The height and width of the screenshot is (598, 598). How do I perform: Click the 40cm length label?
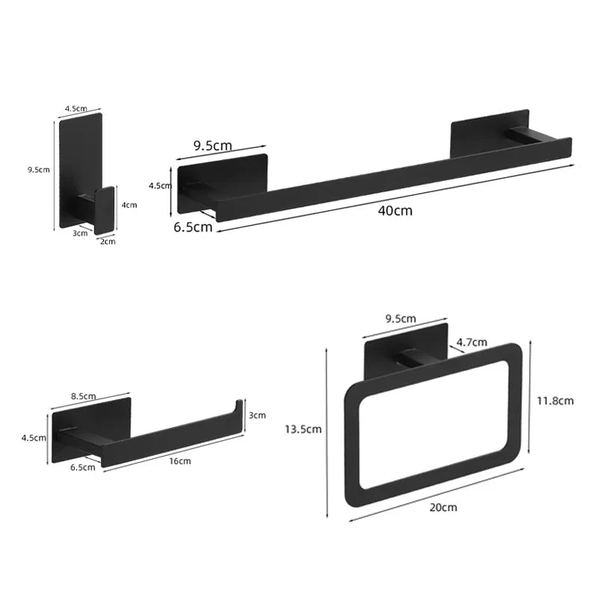[x=395, y=211]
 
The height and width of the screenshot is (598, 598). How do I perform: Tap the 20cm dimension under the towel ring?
[x=443, y=508]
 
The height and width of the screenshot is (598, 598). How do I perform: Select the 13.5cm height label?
[x=303, y=429]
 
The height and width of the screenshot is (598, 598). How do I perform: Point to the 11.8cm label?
[x=555, y=401]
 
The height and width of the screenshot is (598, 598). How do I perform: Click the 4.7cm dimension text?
[x=472, y=342]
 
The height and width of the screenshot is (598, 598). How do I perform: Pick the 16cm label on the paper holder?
[x=180, y=461]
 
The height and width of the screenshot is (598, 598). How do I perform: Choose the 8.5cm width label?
[x=82, y=396]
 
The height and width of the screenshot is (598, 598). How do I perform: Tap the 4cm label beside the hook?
[x=130, y=205]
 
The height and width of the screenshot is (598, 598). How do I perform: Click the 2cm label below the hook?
[x=108, y=241]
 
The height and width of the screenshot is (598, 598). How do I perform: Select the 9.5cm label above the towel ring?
[x=401, y=318]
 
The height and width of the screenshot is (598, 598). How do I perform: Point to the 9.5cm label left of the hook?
[x=38, y=170]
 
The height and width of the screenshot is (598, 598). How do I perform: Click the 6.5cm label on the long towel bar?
[x=194, y=227]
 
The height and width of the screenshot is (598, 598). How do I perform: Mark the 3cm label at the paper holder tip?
[x=257, y=416]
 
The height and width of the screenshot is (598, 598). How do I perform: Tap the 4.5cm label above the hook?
[x=75, y=108]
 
